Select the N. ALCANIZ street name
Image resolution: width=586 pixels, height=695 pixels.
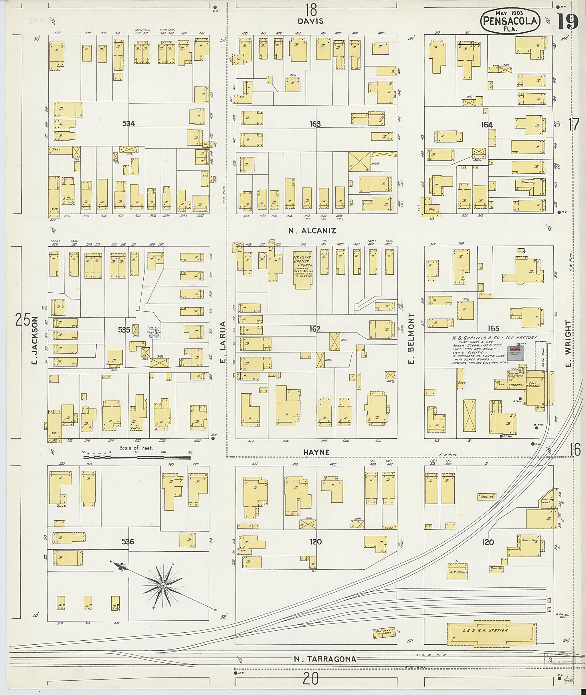[x=312, y=231]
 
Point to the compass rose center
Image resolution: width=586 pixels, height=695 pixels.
[x=163, y=586]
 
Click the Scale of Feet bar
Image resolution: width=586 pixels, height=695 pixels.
[x=137, y=457]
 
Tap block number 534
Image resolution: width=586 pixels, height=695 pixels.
[x=128, y=124]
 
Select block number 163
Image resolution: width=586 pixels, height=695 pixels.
[x=315, y=124]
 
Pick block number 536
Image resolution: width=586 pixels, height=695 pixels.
[x=128, y=542]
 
